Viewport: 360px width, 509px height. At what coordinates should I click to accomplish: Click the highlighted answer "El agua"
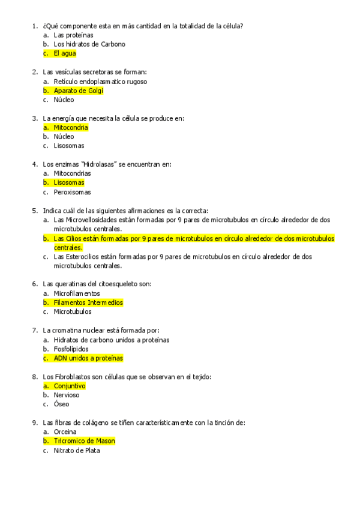point(64,53)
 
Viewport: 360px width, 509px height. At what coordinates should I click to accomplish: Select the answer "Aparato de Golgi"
point(78,91)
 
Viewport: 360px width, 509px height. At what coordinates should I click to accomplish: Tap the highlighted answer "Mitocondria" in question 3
point(70,127)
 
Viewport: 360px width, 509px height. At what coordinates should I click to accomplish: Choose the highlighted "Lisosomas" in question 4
point(68,182)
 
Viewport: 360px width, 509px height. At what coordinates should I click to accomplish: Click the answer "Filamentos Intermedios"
point(88,303)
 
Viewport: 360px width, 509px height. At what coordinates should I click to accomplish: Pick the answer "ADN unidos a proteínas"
point(88,358)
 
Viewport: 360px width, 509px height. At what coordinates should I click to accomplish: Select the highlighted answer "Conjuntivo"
point(70,386)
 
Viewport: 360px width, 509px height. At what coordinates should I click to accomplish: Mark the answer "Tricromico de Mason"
point(83,441)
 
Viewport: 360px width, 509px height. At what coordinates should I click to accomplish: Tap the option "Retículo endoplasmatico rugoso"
point(100,82)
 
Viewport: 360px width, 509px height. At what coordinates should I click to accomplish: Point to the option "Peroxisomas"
point(72,192)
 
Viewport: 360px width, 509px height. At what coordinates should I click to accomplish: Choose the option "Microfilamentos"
point(76,294)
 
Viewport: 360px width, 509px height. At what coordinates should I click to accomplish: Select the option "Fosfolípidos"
point(71,349)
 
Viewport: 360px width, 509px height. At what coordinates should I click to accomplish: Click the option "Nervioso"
point(66,395)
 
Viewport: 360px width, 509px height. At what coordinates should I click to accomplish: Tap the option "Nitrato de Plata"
point(76,450)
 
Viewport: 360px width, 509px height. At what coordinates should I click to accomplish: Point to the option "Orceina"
point(65,432)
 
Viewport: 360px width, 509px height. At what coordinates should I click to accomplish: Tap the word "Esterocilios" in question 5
point(83,257)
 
